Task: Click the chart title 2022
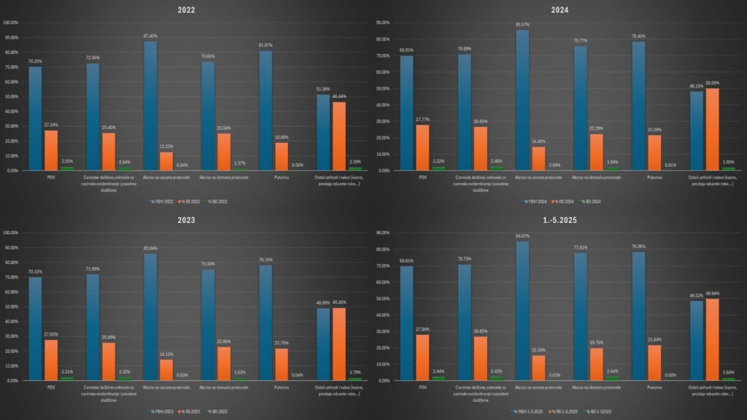(x=187, y=11)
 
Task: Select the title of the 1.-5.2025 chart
(x=560, y=221)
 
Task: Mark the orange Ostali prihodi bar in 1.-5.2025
(x=712, y=339)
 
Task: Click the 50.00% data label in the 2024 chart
(x=712, y=83)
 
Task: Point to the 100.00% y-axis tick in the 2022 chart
(x=11, y=23)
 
